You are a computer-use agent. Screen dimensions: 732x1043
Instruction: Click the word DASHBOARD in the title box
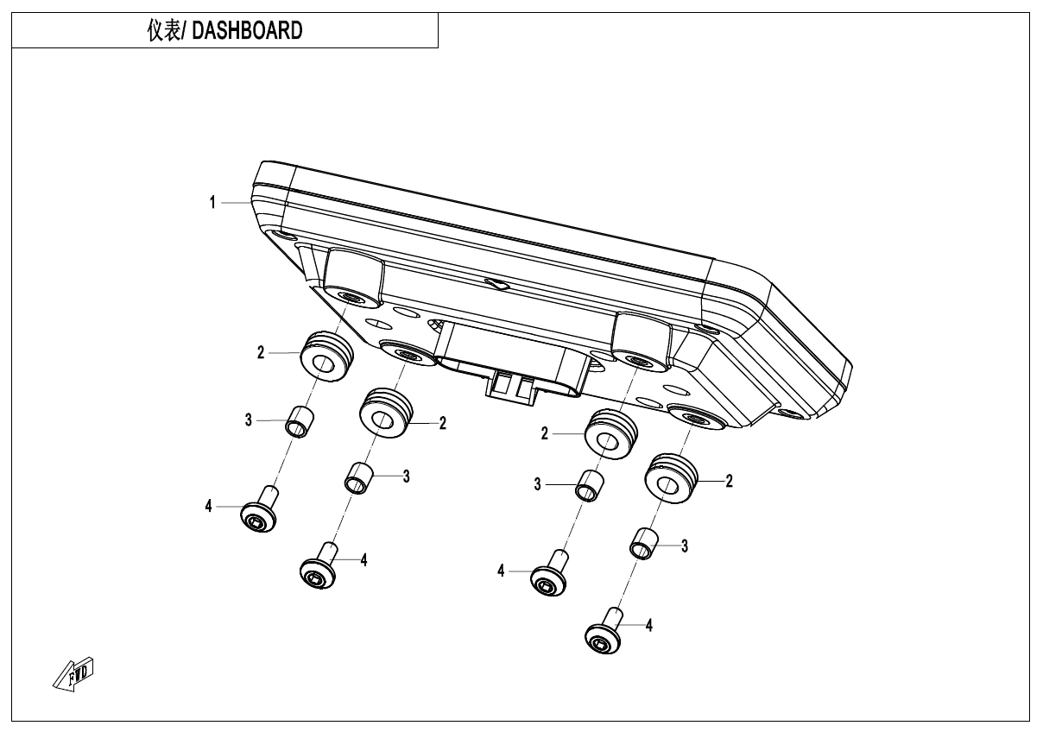(246, 31)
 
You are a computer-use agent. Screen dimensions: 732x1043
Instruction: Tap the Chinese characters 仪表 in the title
(162, 31)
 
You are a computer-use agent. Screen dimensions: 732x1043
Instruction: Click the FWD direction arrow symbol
(73, 672)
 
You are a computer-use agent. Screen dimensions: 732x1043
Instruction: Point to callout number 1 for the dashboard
(212, 203)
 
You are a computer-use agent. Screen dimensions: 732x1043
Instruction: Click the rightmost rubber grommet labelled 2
(671, 477)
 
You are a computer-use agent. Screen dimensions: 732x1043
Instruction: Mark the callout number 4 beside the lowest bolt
(648, 625)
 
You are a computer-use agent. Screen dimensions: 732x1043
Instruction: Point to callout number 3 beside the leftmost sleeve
(248, 420)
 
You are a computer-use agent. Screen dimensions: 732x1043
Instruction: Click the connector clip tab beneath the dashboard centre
(510, 388)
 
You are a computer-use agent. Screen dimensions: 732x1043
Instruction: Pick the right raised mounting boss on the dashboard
(640, 339)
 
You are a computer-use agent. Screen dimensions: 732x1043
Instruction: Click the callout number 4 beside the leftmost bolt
(208, 507)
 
